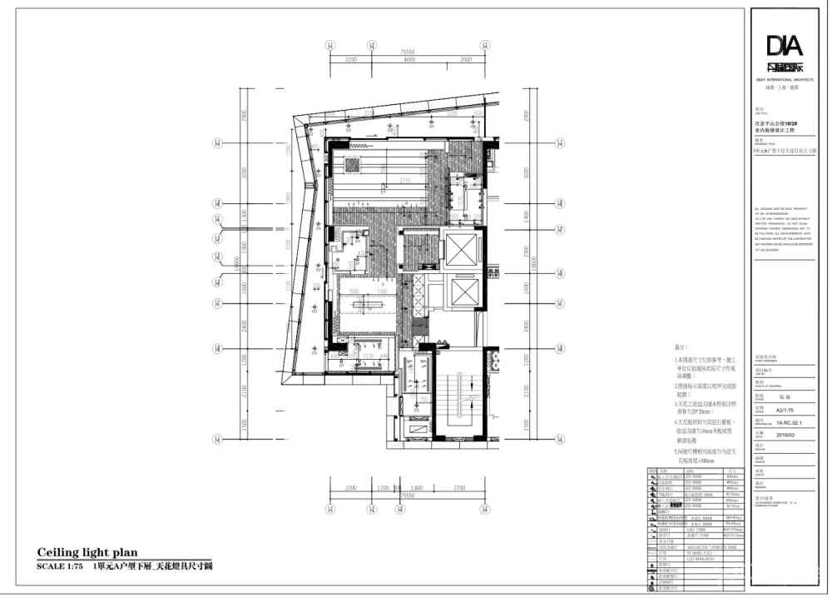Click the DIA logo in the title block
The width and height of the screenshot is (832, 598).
(x=785, y=45)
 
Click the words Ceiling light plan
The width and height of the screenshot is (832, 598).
(x=87, y=552)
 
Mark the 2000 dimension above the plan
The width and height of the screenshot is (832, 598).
(x=464, y=60)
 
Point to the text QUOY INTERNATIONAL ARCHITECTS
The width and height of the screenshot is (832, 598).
(x=785, y=79)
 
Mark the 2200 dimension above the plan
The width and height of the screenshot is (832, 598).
(x=350, y=60)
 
